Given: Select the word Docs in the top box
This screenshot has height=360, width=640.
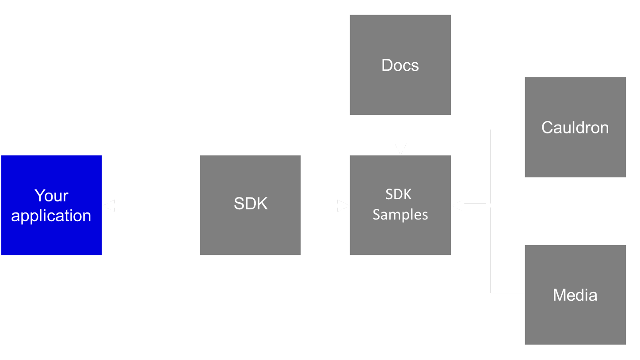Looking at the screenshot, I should [400, 65].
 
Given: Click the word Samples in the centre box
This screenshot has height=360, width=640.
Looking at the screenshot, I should [400, 215].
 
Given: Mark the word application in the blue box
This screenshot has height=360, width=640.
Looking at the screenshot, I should [51, 216].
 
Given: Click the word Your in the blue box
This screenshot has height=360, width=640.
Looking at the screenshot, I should [51, 196].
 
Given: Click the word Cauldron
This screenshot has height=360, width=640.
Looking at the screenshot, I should [575, 128].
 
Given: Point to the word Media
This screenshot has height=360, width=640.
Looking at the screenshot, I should [575, 295].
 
